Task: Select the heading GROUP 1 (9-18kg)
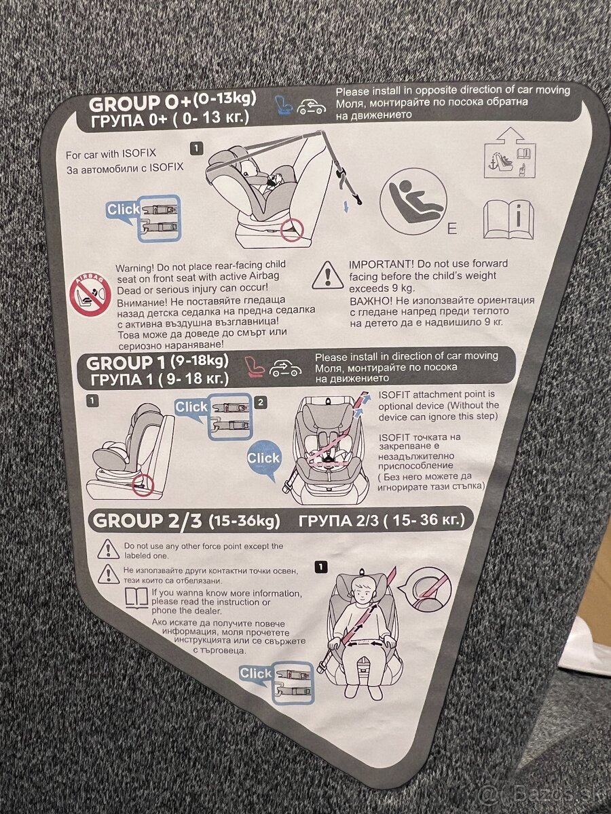pyautogui.click(x=158, y=362)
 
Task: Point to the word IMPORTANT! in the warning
pyautogui.click(x=382, y=265)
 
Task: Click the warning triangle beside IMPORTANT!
pyautogui.click(x=328, y=276)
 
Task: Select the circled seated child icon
pyautogui.click(x=413, y=203)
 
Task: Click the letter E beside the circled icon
pyautogui.click(x=452, y=229)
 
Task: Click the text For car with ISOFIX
pyautogui.click(x=111, y=154)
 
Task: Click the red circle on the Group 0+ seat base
pyautogui.click(x=292, y=229)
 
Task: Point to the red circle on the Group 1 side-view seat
pyautogui.click(x=143, y=484)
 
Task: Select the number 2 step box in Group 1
pyautogui.click(x=261, y=402)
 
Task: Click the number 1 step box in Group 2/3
pyautogui.click(x=320, y=566)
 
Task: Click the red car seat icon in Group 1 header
pyautogui.click(x=256, y=366)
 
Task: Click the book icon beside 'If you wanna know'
pyautogui.click(x=136, y=598)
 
